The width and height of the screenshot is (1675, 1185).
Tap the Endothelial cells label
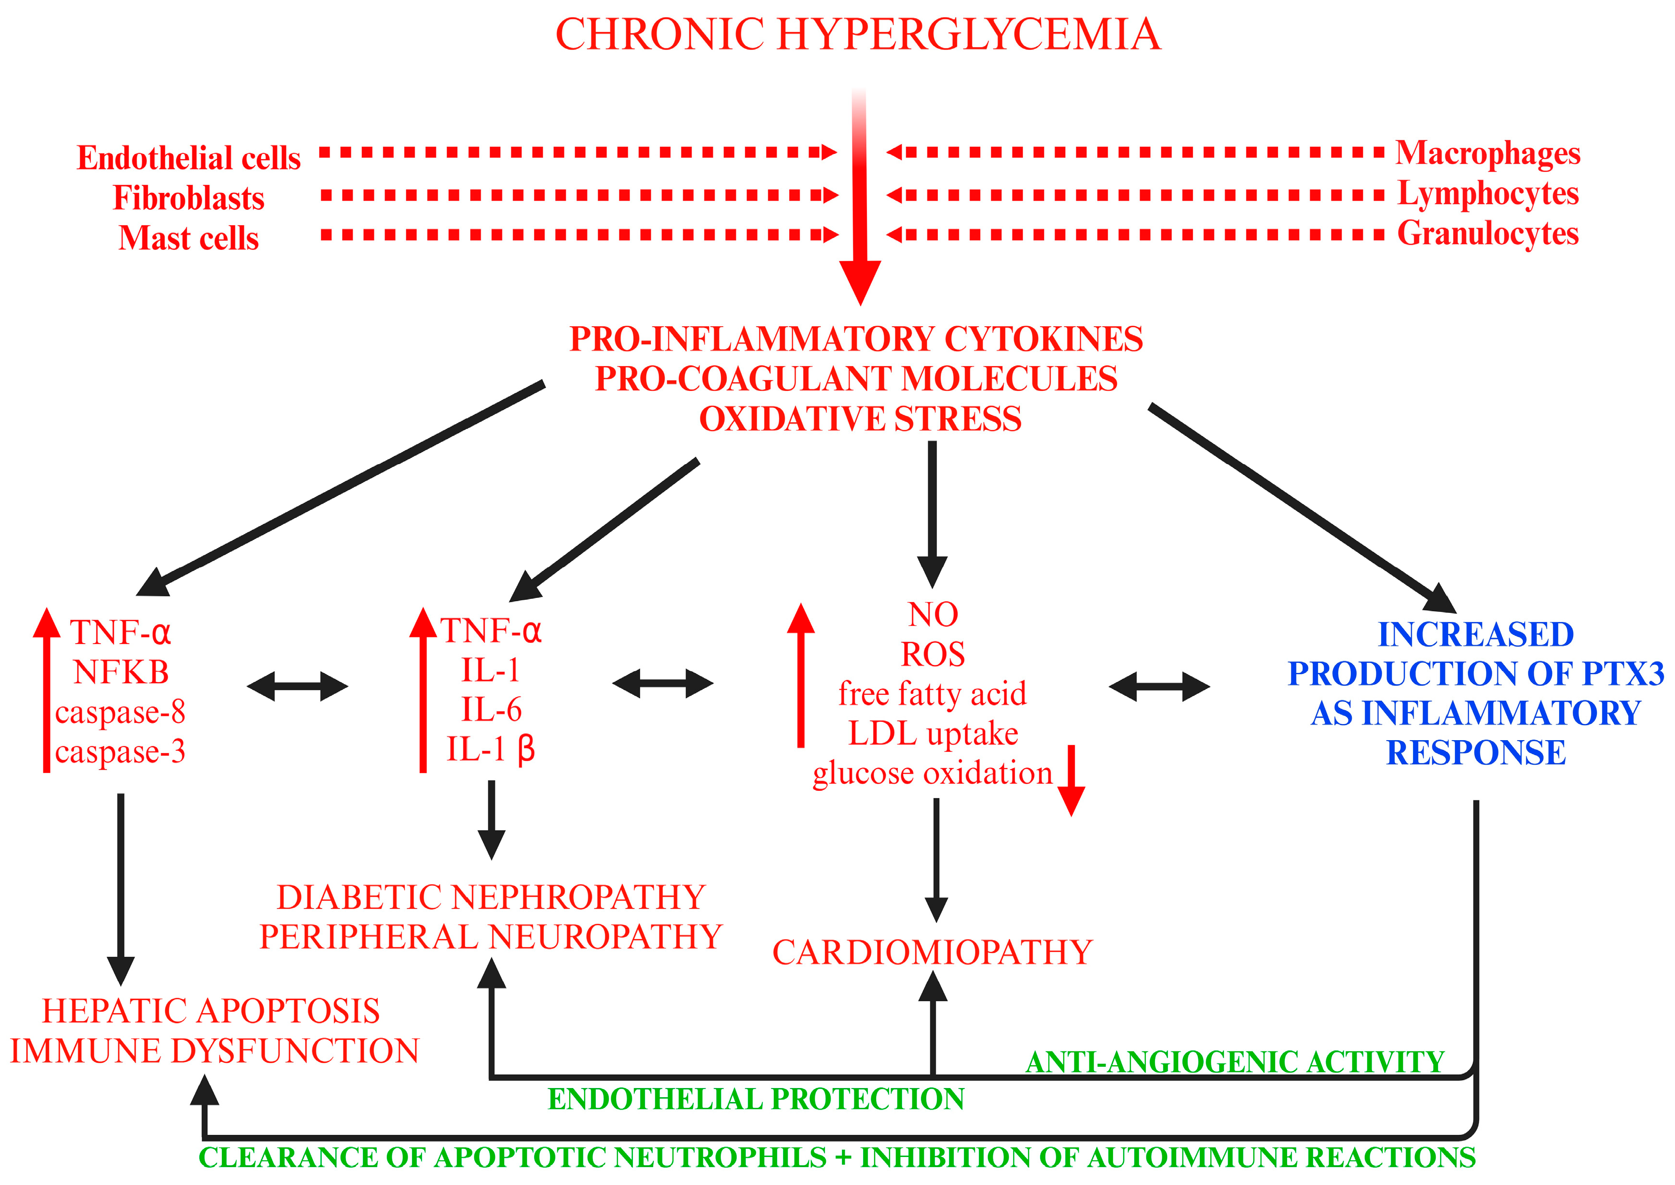click(x=188, y=158)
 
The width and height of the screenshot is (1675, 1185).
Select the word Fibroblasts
click(x=188, y=198)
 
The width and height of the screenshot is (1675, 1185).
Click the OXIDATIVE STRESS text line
click(x=860, y=419)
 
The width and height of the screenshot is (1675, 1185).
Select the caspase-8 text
click(x=121, y=712)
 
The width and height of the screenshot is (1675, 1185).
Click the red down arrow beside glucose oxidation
click(x=1071, y=781)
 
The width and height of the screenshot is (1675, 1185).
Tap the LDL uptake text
click(x=933, y=734)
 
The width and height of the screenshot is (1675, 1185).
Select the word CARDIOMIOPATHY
click(x=933, y=952)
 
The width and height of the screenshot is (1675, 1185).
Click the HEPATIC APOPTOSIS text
click(x=211, y=1011)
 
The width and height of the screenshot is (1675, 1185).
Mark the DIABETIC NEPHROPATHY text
click(x=491, y=897)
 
